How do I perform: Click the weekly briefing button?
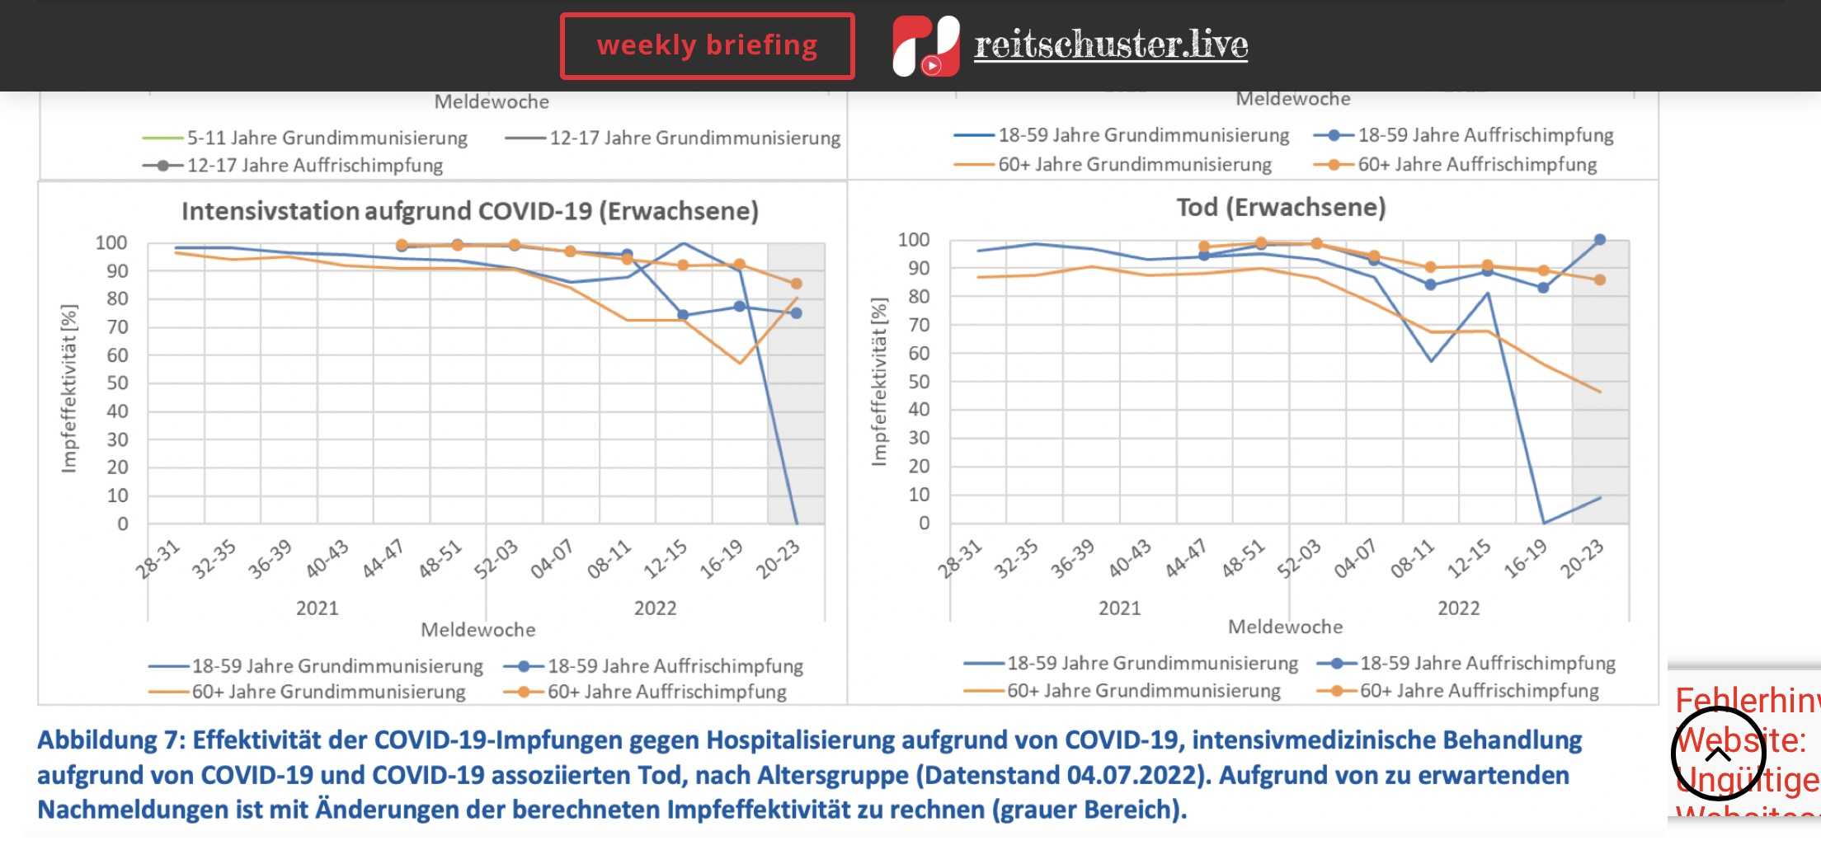(x=707, y=46)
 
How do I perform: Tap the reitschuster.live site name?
(x=1110, y=45)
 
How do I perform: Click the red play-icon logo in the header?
(x=925, y=46)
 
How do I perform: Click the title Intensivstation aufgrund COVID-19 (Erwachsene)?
(x=469, y=212)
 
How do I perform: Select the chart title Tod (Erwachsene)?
(x=1280, y=208)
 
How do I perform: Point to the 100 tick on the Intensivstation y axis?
(x=111, y=243)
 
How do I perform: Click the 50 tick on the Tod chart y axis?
(x=919, y=382)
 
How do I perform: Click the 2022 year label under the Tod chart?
(x=1458, y=608)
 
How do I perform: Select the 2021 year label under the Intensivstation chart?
(x=318, y=608)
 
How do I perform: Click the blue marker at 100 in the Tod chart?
(x=1599, y=240)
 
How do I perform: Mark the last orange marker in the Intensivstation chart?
(x=796, y=284)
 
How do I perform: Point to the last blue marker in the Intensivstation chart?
(x=796, y=313)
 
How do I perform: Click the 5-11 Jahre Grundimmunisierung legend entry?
(x=327, y=139)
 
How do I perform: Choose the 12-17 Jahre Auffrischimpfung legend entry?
(x=314, y=166)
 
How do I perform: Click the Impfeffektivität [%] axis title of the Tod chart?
(x=879, y=382)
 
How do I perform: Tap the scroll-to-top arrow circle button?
(x=1718, y=754)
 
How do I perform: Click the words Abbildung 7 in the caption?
(x=96, y=740)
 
